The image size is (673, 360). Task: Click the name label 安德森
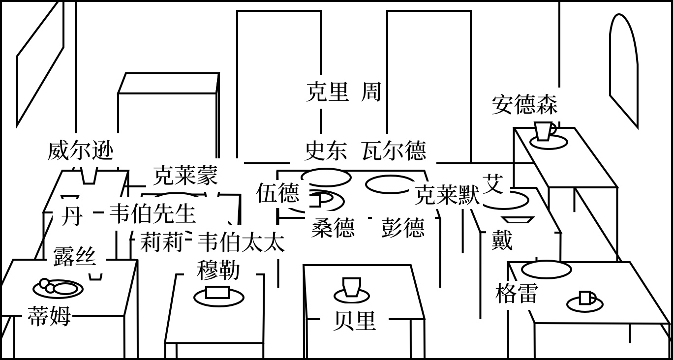point(524,105)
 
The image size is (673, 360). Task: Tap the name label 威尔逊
point(81,150)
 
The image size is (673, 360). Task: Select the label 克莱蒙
point(185,175)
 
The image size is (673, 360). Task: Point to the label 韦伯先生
point(152,213)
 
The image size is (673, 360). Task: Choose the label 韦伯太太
point(241,242)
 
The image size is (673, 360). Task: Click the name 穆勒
point(218,270)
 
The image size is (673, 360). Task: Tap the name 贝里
point(354,321)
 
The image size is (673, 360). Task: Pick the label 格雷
point(517,294)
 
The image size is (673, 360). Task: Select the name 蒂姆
point(49,316)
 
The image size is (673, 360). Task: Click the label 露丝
point(74,257)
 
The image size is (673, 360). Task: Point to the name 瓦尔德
point(394,150)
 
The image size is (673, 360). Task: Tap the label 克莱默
point(447,195)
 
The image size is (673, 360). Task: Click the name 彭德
point(402,228)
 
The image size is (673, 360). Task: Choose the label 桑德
point(333,228)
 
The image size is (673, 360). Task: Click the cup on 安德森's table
point(544,131)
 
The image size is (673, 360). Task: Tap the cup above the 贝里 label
point(352,287)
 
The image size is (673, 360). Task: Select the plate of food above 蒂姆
point(58,288)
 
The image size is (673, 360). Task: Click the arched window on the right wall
point(623,69)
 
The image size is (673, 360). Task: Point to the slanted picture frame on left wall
point(40,64)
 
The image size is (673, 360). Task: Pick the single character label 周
point(371,92)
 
